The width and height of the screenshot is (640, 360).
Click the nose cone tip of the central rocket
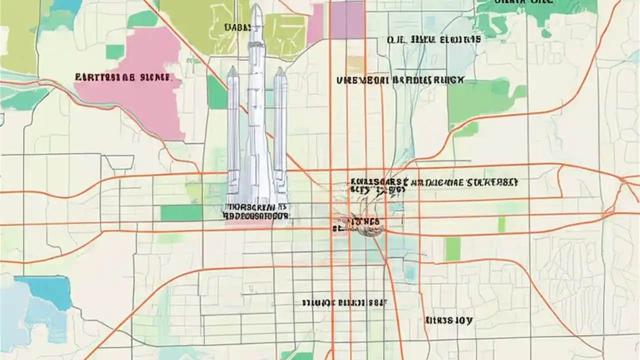point(255,6)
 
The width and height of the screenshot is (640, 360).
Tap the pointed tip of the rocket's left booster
point(232,68)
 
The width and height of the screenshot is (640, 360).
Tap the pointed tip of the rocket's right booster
point(279,68)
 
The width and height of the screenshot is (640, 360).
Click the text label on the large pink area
point(123,77)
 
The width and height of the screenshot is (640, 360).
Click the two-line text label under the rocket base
point(256,211)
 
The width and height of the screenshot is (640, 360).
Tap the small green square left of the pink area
point(115,52)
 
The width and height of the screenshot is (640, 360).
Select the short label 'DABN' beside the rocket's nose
point(239,27)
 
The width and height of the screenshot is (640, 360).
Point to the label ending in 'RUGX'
point(400,80)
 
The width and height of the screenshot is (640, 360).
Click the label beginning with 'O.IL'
point(433,39)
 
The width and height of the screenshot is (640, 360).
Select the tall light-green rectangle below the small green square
point(452,248)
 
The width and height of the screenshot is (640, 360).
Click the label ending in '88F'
point(345,302)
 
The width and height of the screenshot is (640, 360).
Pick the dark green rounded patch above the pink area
point(142,19)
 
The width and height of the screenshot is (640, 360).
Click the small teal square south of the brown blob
point(410,272)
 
